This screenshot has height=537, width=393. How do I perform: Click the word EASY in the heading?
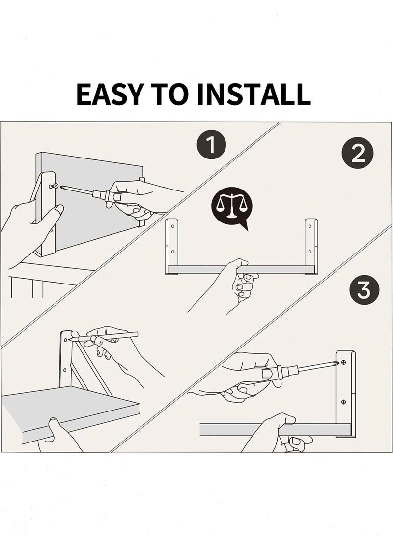click(109, 94)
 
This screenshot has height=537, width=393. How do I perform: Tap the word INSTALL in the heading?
click(254, 94)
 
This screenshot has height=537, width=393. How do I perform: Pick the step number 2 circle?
click(358, 153)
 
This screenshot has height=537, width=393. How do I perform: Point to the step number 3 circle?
click(364, 290)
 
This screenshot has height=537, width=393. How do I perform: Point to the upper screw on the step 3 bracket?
click(343, 362)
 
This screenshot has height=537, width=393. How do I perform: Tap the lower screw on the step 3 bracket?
click(343, 401)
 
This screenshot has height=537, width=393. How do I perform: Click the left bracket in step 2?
click(171, 246)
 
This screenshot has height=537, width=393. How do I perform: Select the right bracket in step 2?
click(311, 246)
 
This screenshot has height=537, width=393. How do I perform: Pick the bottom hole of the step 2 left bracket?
click(172, 252)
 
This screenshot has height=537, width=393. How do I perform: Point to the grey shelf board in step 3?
click(276, 430)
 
